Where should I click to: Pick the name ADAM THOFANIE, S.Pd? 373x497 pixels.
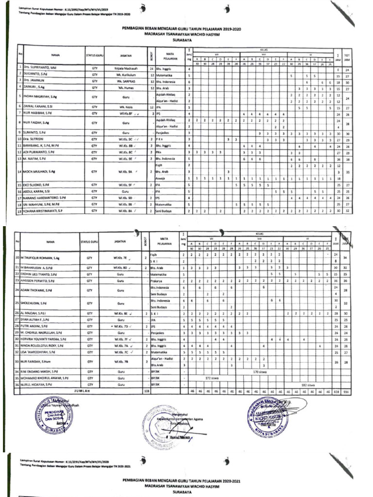click(x=40, y=290)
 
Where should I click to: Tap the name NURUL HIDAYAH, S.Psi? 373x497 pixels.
click(x=38, y=384)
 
